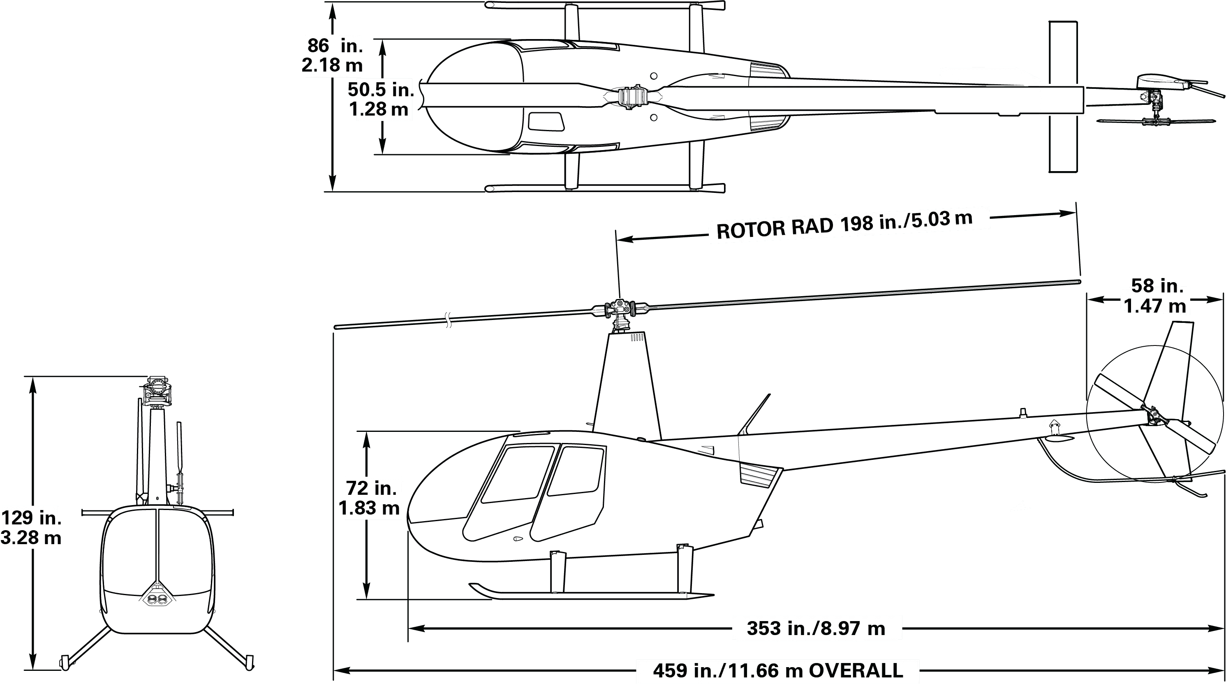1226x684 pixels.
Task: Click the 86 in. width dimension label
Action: [x=333, y=55]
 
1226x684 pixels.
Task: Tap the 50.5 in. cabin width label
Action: [x=380, y=99]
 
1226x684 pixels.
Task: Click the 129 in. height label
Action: [x=31, y=527]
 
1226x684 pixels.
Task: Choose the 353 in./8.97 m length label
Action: [x=816, y=628]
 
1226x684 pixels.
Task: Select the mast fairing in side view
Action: [x=626, y=385]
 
